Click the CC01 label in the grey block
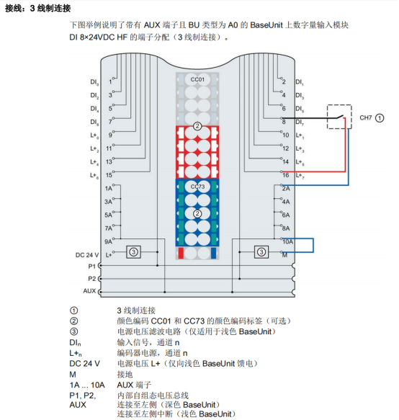pos(197,79)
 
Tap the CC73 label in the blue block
pos(197,187)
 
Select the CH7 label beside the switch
pos(366,118)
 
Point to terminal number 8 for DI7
pos(284,122)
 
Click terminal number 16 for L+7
pos(286,175)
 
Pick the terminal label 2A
pos(286,189)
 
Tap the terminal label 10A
pos(288,242)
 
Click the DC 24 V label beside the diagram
pos(87,255)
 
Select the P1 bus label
pos(92,267)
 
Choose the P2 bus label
pos(92,279)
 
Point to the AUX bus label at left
pos(89,291)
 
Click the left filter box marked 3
pos(133,252)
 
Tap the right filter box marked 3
pos(261,252)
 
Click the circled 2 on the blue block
pos(197,214)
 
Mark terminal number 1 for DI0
pos(110,81)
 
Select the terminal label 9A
pos(108,242)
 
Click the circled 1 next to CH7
pos(380,118)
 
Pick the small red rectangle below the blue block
pos(181,253)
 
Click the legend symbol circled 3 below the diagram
pos(73,331)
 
